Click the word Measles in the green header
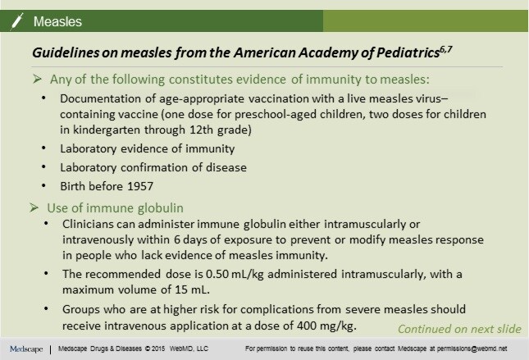point(57,21)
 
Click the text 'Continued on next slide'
point(458,329)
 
